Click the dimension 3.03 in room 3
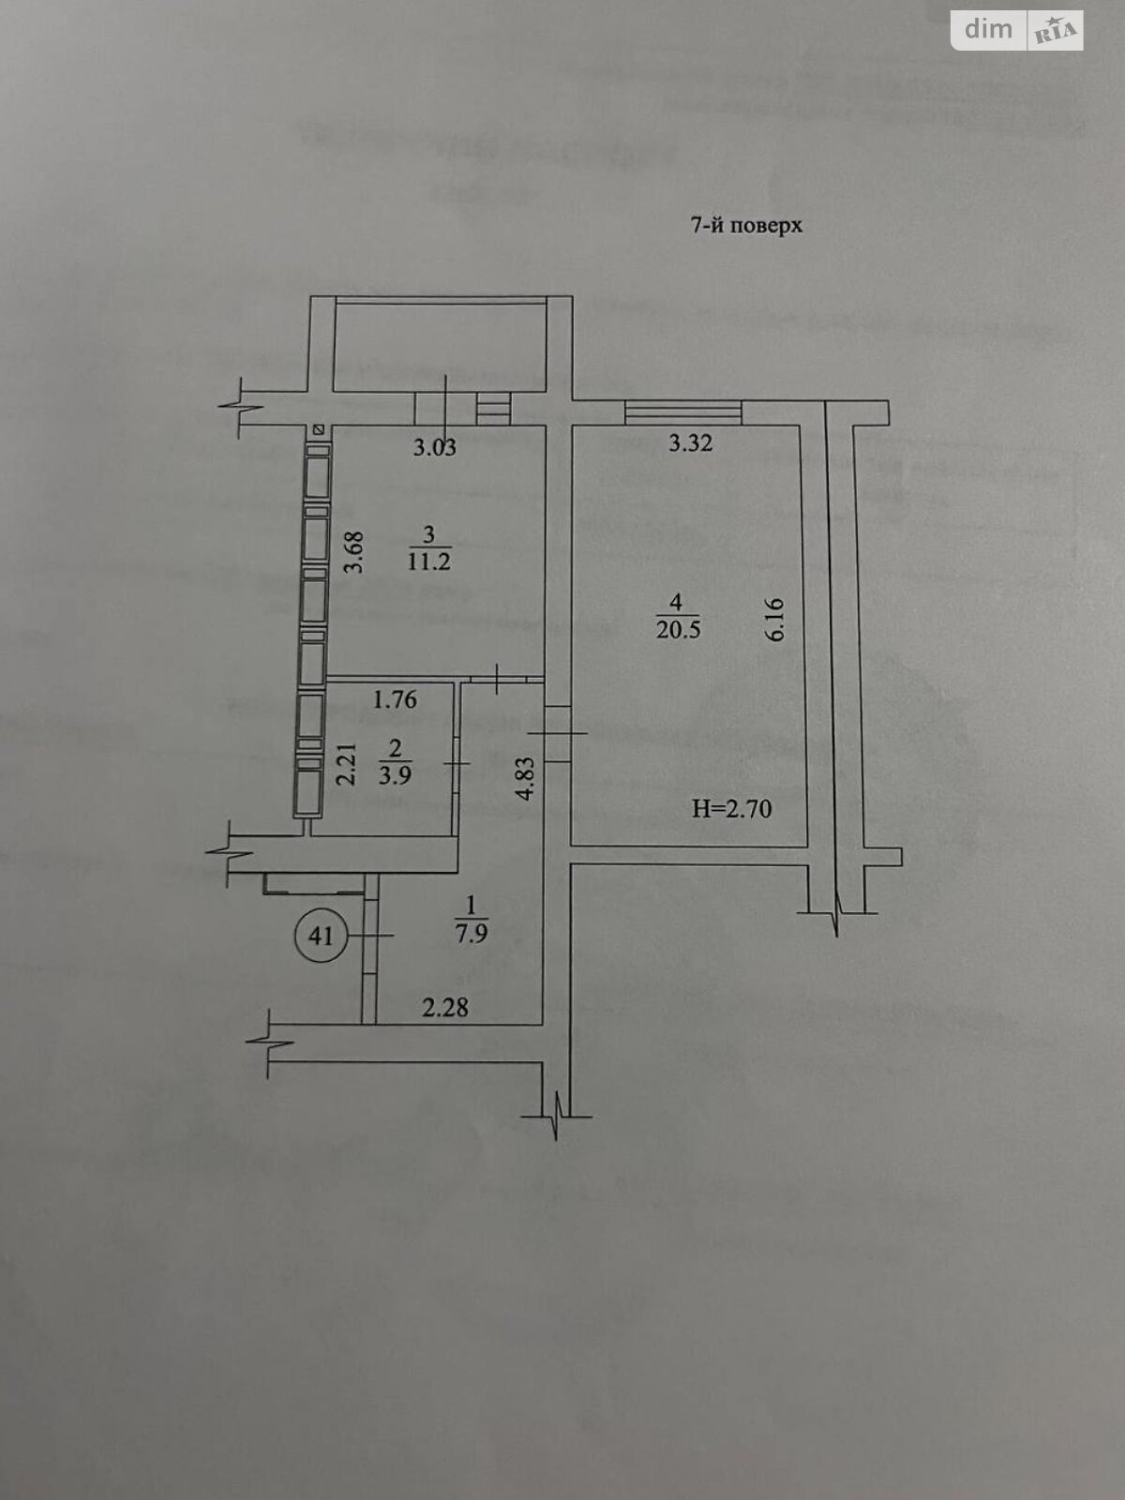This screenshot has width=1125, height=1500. point(435,447)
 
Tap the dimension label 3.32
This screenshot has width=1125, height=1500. point(690,443)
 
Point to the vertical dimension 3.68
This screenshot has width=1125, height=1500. point(353,553)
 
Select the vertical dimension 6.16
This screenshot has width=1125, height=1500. point(774,620)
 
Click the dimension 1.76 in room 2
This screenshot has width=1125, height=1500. point(395,699)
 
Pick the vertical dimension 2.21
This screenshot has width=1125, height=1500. point(348,764)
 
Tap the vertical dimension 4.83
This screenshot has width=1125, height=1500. point(526,777)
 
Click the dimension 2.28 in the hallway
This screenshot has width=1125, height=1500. point(445,1009)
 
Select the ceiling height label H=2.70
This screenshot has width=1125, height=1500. point(732,808)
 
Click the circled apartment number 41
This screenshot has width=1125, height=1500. point(321,935)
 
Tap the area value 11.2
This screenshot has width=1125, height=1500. point(430,562)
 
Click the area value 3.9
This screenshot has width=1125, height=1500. point(396,775)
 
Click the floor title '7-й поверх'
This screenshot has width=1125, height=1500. point(747,226)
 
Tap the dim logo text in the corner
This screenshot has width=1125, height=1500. point(989,29)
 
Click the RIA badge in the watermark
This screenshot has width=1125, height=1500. point(1056,33)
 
